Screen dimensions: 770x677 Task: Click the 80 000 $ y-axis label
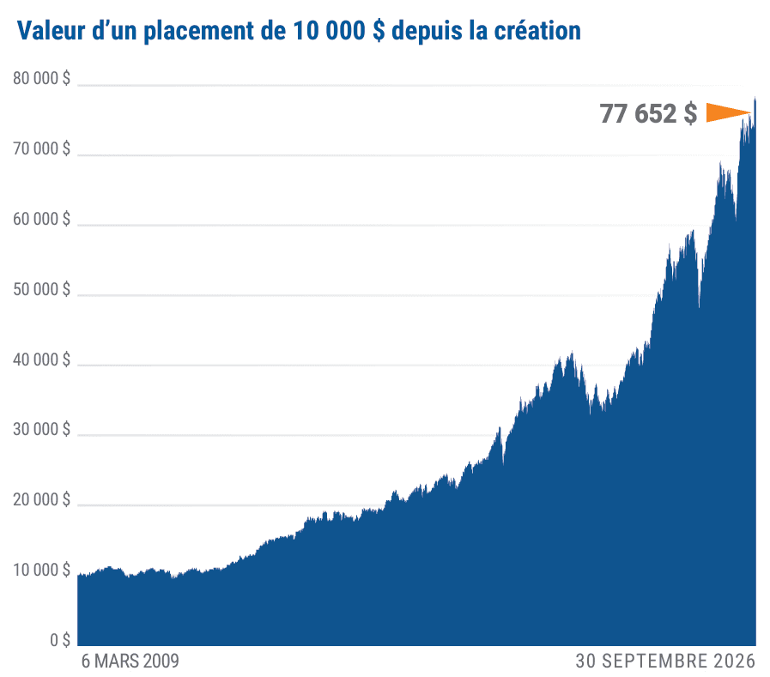tap(42, 79)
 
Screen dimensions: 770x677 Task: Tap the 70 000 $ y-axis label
tap(42, 148)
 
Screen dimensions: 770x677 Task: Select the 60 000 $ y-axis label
tap(42, 219)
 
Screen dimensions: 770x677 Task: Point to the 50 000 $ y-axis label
tap(42, 289)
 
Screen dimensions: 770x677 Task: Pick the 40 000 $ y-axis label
tap(42, 360)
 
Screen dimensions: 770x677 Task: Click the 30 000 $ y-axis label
tap(42, 430)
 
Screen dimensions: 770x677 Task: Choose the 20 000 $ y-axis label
tap(42, 499)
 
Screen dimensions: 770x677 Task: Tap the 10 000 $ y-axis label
tap(42, 570)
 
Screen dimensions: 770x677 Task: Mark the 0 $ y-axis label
tap(60, 640)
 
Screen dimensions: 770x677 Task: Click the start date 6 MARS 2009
tap(130, 662)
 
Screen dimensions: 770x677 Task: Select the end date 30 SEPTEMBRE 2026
tap(665, 662)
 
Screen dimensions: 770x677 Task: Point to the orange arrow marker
tap(729, 112)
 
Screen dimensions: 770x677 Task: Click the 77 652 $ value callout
tap(648, 113)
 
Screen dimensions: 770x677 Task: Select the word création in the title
tap(537, 30)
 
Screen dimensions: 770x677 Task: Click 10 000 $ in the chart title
tap(339, 31)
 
